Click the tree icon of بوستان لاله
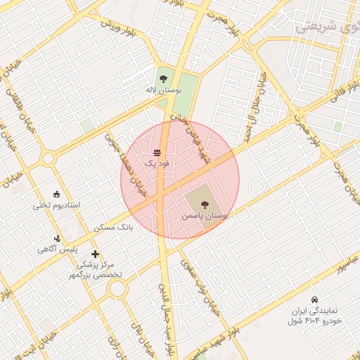[x=163, y=78]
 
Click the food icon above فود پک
[x=157, y=152]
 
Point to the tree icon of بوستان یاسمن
[x=205, y=205]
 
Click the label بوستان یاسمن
[x=205, y=217]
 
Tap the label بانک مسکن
[x=112, y=228]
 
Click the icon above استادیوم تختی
[x=57, y=194]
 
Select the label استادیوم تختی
[x=57, y=206]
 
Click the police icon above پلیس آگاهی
[x=57, y=238]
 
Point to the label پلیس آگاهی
[x=57, y=250]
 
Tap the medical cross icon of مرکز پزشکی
[x=95, y=254]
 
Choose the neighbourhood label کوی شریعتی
[x=327, y=27]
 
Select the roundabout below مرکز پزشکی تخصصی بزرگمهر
[x=117, y=289]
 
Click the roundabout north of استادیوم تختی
[x=48, y=159]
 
